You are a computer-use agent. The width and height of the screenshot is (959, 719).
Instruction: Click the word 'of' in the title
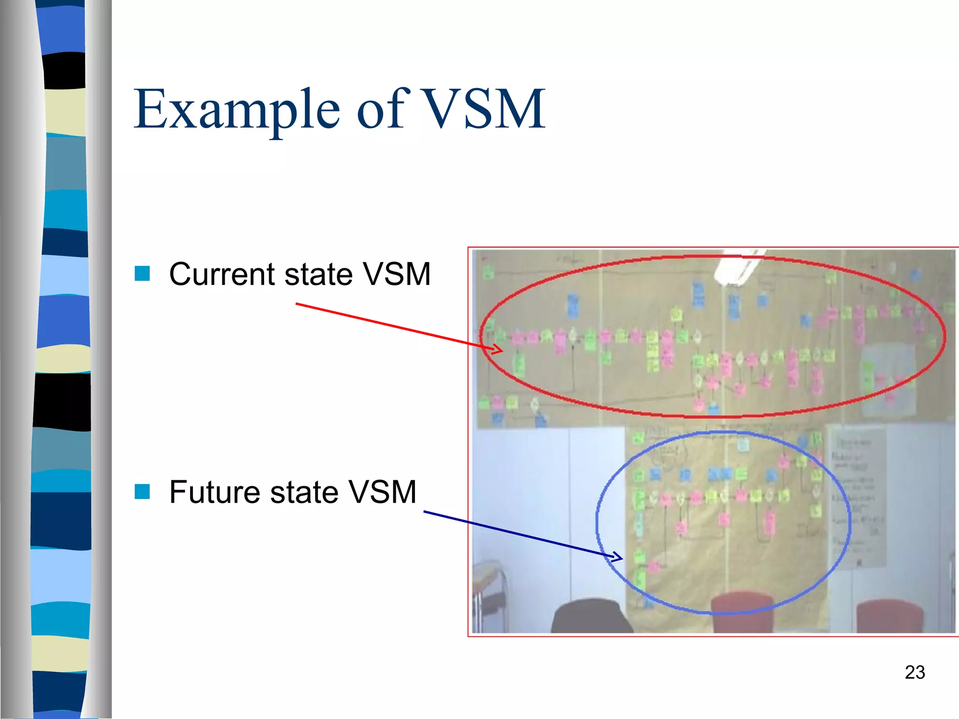point(383,109)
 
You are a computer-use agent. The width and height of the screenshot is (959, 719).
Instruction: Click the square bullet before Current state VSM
point(142,273)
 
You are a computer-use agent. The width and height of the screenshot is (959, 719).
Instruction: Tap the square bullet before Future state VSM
point(142,492)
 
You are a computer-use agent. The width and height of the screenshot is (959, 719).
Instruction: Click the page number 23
point(915,672)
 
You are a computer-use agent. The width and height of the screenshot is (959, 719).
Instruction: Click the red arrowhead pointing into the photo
point(496,349)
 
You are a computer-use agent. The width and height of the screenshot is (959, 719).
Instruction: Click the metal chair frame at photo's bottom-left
point(489,599)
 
